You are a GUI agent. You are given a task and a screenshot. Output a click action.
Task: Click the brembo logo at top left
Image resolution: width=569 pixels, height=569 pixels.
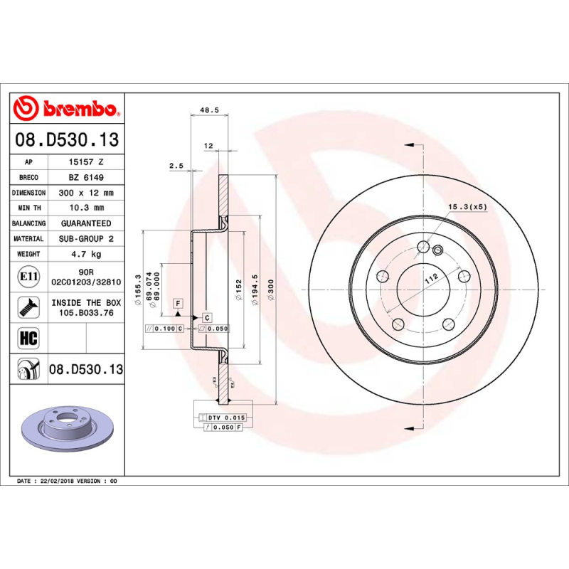coord(65,109)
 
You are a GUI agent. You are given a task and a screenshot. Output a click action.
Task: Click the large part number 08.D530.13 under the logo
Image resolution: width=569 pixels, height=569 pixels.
coord(67,139)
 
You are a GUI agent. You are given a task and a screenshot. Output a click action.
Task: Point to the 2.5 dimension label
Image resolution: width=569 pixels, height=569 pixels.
coord(176,166)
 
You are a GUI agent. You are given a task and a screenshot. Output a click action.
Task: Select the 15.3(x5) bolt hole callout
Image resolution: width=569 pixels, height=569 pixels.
coord(467,207)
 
